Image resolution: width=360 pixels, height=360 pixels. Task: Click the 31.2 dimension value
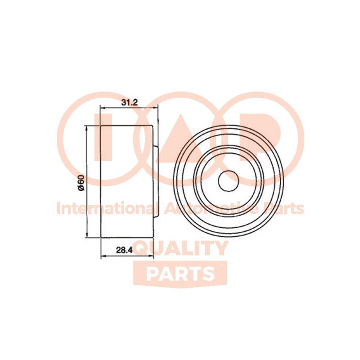(130, 102)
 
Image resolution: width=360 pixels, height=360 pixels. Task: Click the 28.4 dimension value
(125, 250)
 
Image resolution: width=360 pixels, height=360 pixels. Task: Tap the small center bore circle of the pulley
(228, 180)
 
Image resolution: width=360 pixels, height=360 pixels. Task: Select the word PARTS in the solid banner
(180, 274)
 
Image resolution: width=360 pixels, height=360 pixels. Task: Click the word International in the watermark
(107, 209)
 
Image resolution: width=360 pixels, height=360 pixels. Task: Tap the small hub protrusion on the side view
(155, 181)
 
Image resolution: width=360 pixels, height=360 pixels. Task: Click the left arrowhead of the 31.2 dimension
(103, 108)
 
